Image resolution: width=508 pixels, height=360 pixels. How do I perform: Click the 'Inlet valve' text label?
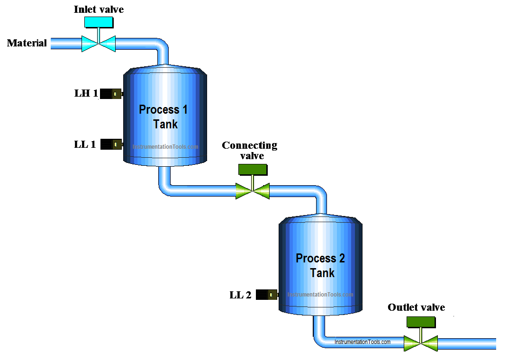pos(99,9)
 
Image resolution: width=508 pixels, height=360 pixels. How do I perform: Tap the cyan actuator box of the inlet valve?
pos(99,22)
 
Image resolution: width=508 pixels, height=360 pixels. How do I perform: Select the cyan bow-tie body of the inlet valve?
pos(99,44)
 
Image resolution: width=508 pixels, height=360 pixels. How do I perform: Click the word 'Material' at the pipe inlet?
pos(27,43)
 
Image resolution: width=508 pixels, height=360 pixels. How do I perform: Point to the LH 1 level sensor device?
pos(111,94)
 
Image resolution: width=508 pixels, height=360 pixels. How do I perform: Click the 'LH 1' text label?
pos(86,93)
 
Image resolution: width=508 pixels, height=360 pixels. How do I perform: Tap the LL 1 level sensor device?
pos(111,144)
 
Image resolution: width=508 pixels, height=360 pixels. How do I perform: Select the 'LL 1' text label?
pos(85,144)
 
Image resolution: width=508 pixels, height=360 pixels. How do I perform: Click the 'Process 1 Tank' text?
pos(163,117)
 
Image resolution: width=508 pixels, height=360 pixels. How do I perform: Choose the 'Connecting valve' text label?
pos(250,150)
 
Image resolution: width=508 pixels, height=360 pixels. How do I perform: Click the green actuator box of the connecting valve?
pos(252,169)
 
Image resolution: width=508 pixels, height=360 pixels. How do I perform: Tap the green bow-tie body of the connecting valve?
pos(253,191)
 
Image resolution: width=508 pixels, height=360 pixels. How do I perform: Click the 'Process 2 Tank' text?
pos(321,266)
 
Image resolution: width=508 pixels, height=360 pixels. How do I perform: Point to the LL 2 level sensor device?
pos(267,295)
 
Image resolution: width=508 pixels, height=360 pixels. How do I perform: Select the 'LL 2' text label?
pos(240,295)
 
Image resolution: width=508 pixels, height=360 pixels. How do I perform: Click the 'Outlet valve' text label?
pos(416,307)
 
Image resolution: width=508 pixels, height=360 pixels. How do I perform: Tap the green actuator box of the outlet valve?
pos(421,321)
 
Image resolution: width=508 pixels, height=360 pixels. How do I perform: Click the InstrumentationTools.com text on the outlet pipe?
pos(363,342)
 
